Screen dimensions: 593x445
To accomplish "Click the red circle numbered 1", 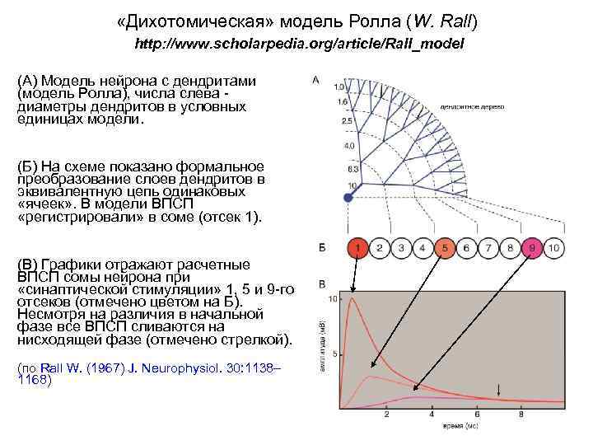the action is pyautogui.click(x=357, y=246).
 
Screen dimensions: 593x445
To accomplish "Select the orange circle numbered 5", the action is pyautogui.click(x=444, y=246).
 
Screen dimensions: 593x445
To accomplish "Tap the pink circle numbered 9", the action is pyautogui.click(x=532, y=246).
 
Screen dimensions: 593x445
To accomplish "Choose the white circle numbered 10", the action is pyautogui.click(x=554, y=246).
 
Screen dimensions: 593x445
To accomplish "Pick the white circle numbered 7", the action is pyautogui.click(x=488, y=246).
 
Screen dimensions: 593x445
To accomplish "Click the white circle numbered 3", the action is pyautogui.click(x=400, y=246).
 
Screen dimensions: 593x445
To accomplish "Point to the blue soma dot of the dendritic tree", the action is pyautogui.click(x=336, y=198).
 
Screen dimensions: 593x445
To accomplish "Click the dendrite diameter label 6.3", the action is pyautogui.click(x=349, y=168).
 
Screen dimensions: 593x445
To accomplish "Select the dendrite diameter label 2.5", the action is pyautogui.click(x=347, y=121).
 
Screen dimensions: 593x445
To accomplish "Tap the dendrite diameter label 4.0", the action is pyautogui.click(x=348, y=146).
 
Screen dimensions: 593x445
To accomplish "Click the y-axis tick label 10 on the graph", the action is pyautogui.click(x=333, y=297).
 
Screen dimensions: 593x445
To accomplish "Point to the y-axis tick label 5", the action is pyautogui.click(x=335, y=353).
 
